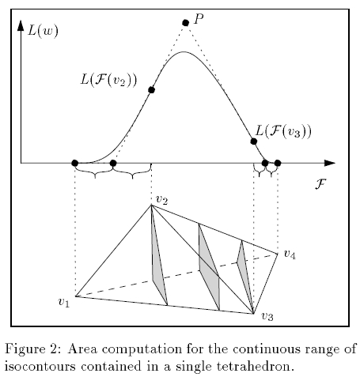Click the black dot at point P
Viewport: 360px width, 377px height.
pyautogui.click(x=185, y=23)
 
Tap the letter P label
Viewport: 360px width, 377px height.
pyautogui.click(x=199, y=19)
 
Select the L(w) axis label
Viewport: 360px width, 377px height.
pyautogui.click(x=43, y=31)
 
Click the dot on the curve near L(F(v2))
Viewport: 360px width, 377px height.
pyautogui.click(x=151, y=90)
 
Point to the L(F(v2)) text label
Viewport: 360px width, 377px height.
pyautogui.click(x=108, y=80)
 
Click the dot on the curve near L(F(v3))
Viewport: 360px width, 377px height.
pyautogui.click(x=254, y=141)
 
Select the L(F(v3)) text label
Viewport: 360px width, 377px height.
pyautogui.click(x=283, y=131)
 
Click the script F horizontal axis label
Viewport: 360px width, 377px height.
pyautogui.click(x=320, y=183)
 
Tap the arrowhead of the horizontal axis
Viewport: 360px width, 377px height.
pyautogui.click(x=330, y=163)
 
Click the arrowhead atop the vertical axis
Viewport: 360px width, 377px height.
pyautogui.click(x=21, y=25)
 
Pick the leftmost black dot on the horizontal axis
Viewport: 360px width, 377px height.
pyautogui.click(x=75, y=163)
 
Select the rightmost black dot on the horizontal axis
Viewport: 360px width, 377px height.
pyautogui.click(x=278, y=164)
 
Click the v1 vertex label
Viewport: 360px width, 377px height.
pyautogui.click(x=63, y=302)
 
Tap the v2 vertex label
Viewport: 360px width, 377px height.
pyautogui.click(x=162, y=200)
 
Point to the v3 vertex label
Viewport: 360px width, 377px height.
pyautogui.click(x=267, y=316)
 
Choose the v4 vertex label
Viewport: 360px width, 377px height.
pyautogui.click(x=290, y=254)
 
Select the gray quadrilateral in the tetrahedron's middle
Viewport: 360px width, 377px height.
pyautogui.click(x=210, y=267)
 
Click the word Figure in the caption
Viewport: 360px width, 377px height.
pyautogui.click(x=21, y=350)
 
